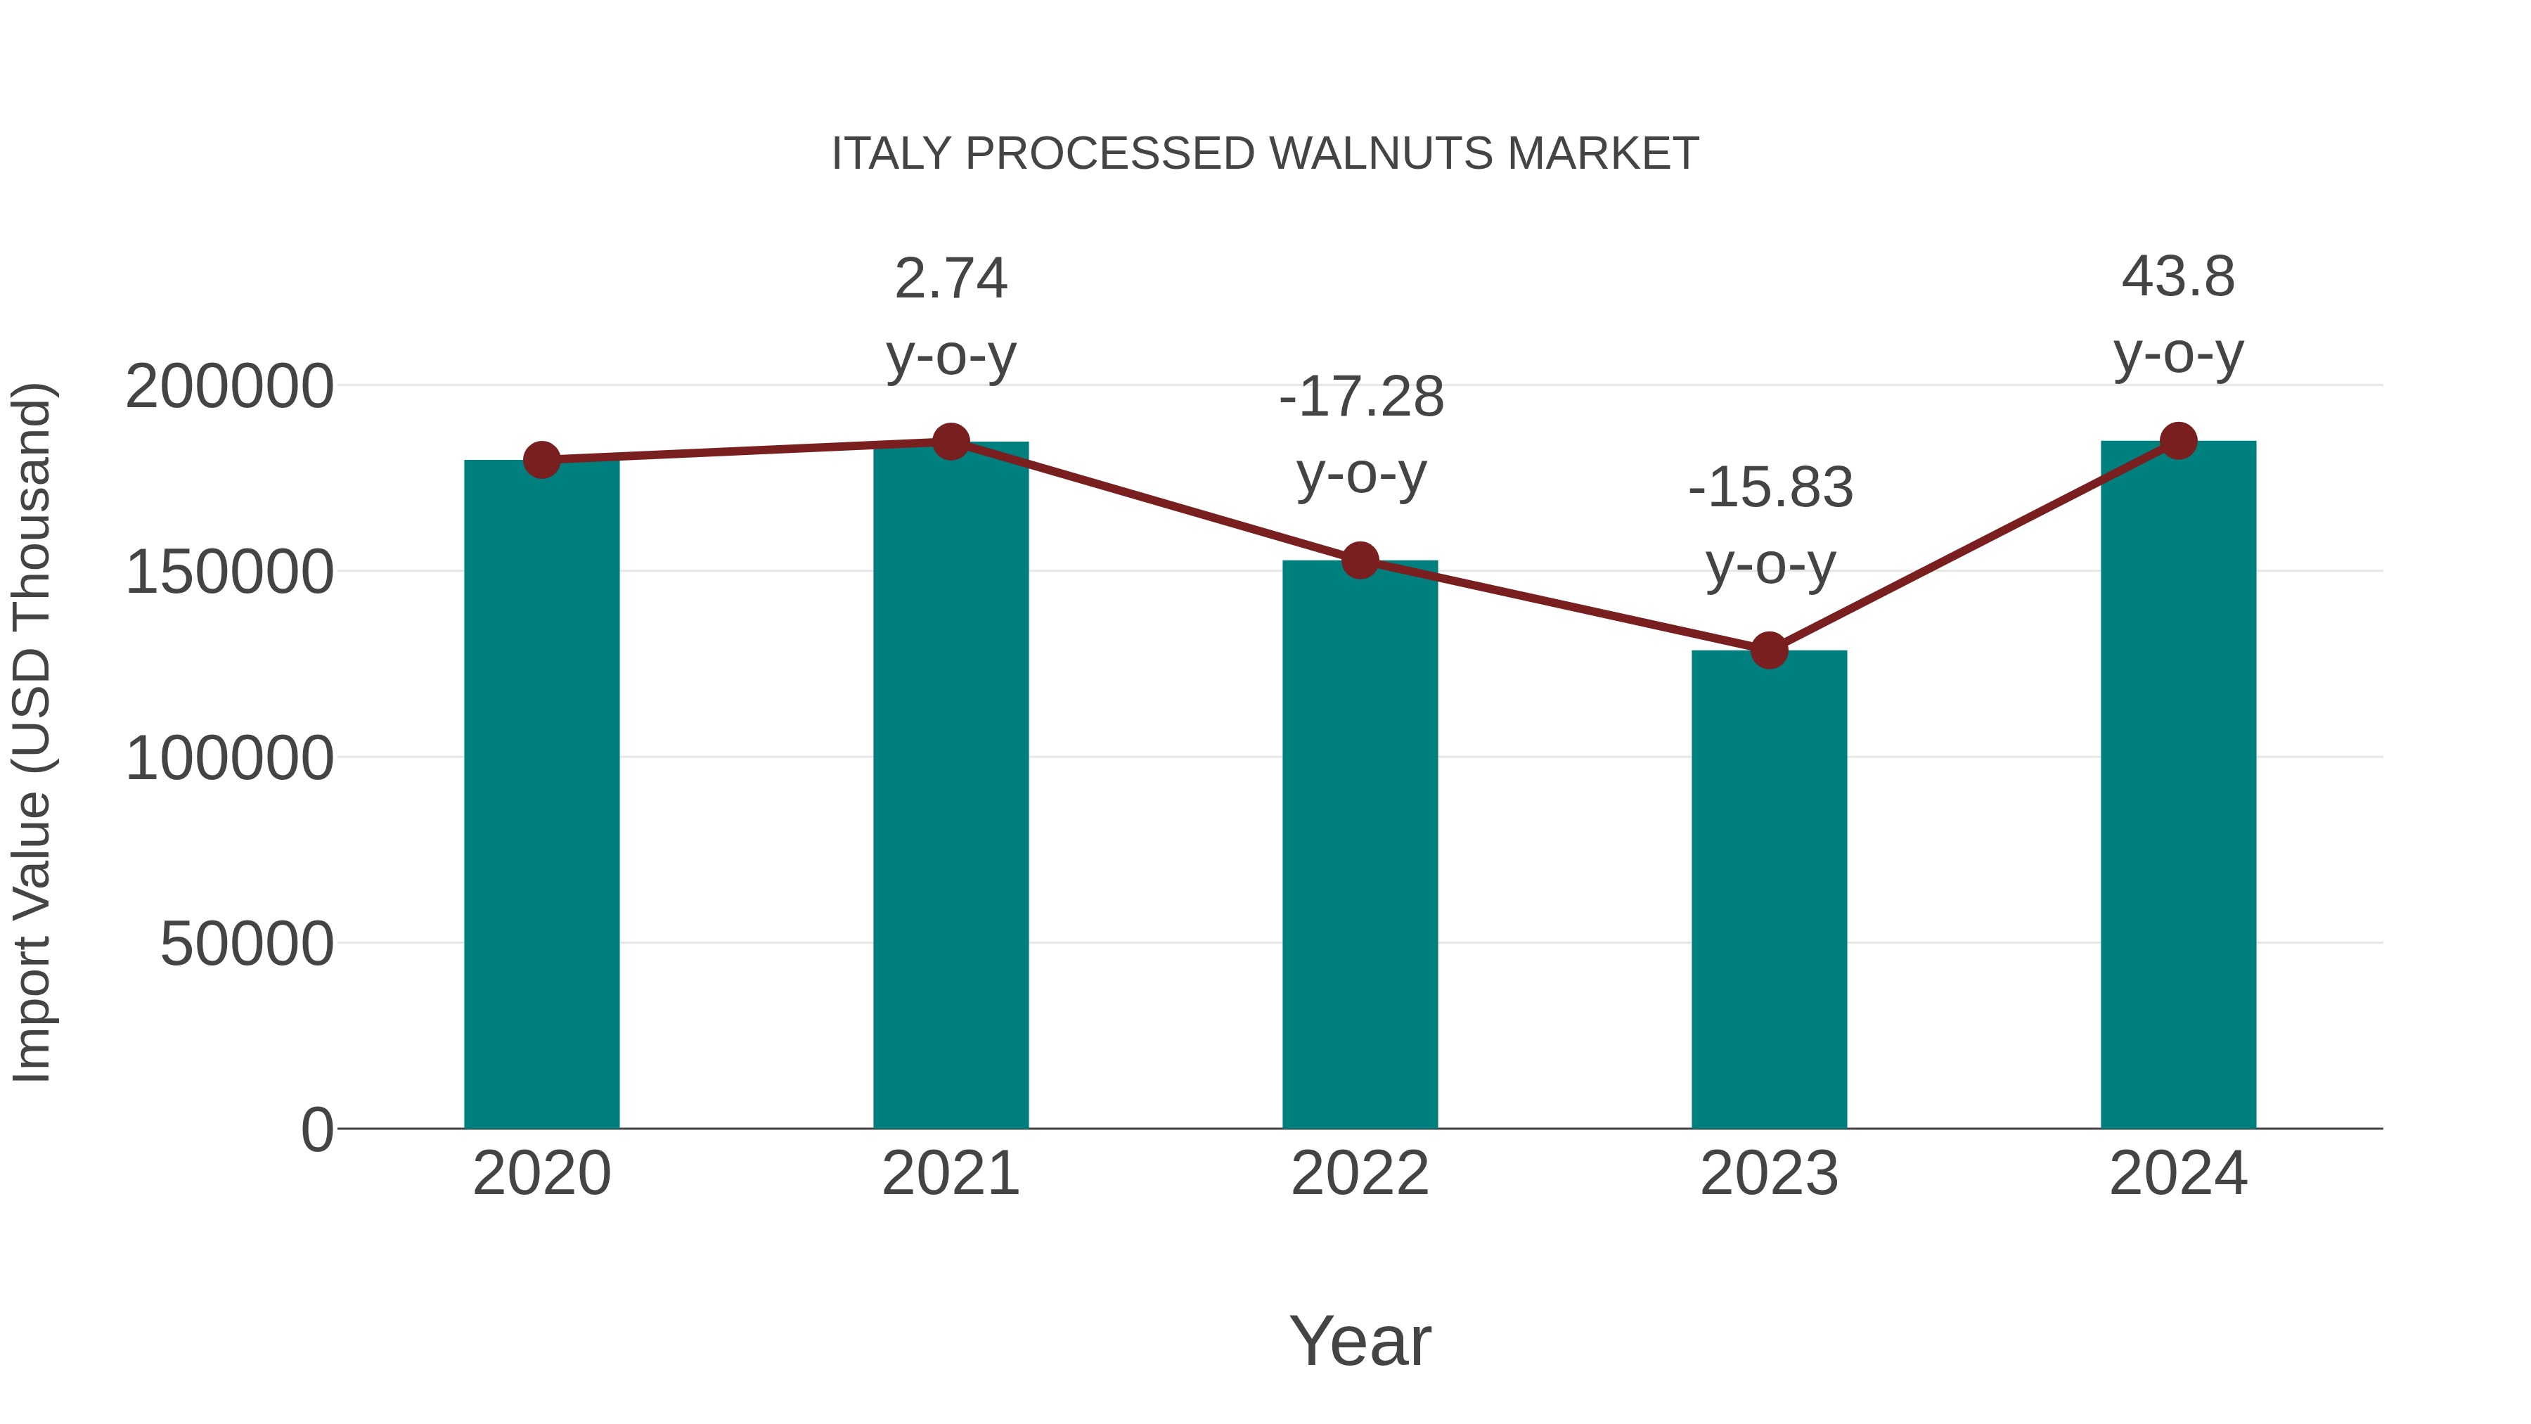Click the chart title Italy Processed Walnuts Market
(1265, 154)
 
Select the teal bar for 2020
(541, 796)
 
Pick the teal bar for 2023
(1769, 890)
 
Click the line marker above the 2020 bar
(541, 459)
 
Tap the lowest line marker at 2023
(1769, 650)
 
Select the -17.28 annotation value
(1361, 398)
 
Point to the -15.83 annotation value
(1770, 489)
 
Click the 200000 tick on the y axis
(229, 386)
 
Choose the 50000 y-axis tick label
(247, 944)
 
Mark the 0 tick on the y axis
(317, 1130)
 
